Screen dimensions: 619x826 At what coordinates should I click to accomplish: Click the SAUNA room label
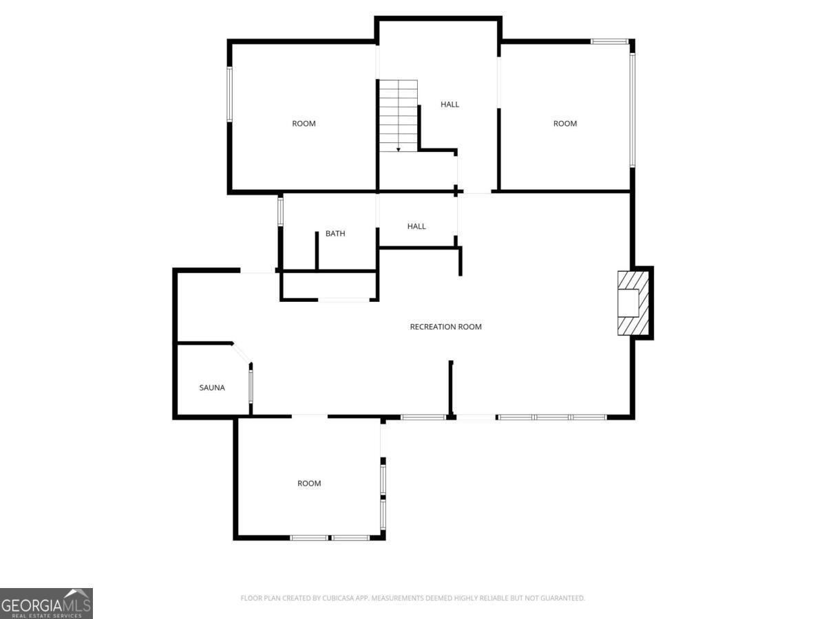212,388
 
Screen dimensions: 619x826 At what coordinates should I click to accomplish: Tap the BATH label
335,234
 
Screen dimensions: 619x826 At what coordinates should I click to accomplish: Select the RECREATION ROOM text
445,327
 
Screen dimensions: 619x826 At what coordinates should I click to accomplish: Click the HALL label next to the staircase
449,105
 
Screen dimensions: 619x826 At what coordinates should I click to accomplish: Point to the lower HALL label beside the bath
416,226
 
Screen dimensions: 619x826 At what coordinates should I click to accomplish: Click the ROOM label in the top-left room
304,124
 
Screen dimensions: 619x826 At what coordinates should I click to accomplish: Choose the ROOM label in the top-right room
565,124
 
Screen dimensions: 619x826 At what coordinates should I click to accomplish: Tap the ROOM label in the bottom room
309,484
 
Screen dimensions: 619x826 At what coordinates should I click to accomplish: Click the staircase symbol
399,115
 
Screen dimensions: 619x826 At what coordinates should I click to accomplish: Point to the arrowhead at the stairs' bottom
399,149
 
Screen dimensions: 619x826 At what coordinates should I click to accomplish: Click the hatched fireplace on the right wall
632,303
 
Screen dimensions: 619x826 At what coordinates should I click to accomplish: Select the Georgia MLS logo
46,603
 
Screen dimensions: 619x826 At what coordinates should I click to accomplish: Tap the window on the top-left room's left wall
230,94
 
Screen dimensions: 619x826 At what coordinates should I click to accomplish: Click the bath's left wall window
280,211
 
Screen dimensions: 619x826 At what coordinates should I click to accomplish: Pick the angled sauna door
241,353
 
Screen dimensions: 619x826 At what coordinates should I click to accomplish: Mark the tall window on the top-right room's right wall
632,110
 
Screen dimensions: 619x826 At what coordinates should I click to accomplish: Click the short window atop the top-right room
609,42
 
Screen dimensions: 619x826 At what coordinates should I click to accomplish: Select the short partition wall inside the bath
317,250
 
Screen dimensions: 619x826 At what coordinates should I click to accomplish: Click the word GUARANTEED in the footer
563,598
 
